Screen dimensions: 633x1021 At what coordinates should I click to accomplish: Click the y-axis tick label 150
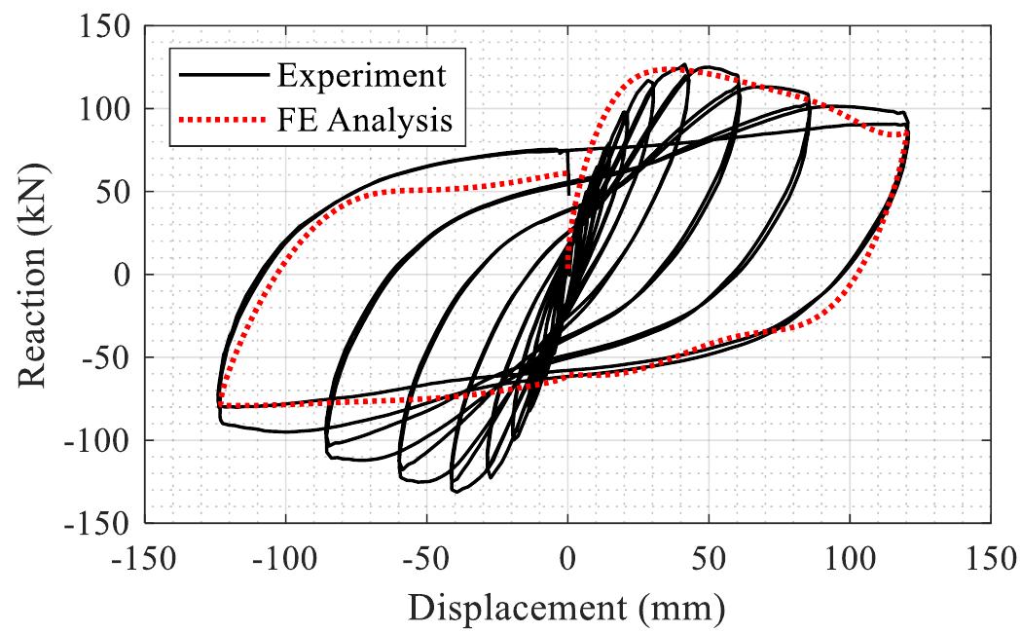(x=103, y=26)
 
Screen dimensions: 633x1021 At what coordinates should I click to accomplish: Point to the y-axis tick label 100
(x=103, y=109)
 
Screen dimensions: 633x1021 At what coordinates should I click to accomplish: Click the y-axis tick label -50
(x=104, y=357)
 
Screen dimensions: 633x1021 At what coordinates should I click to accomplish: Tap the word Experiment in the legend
(x=361, y=74)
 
